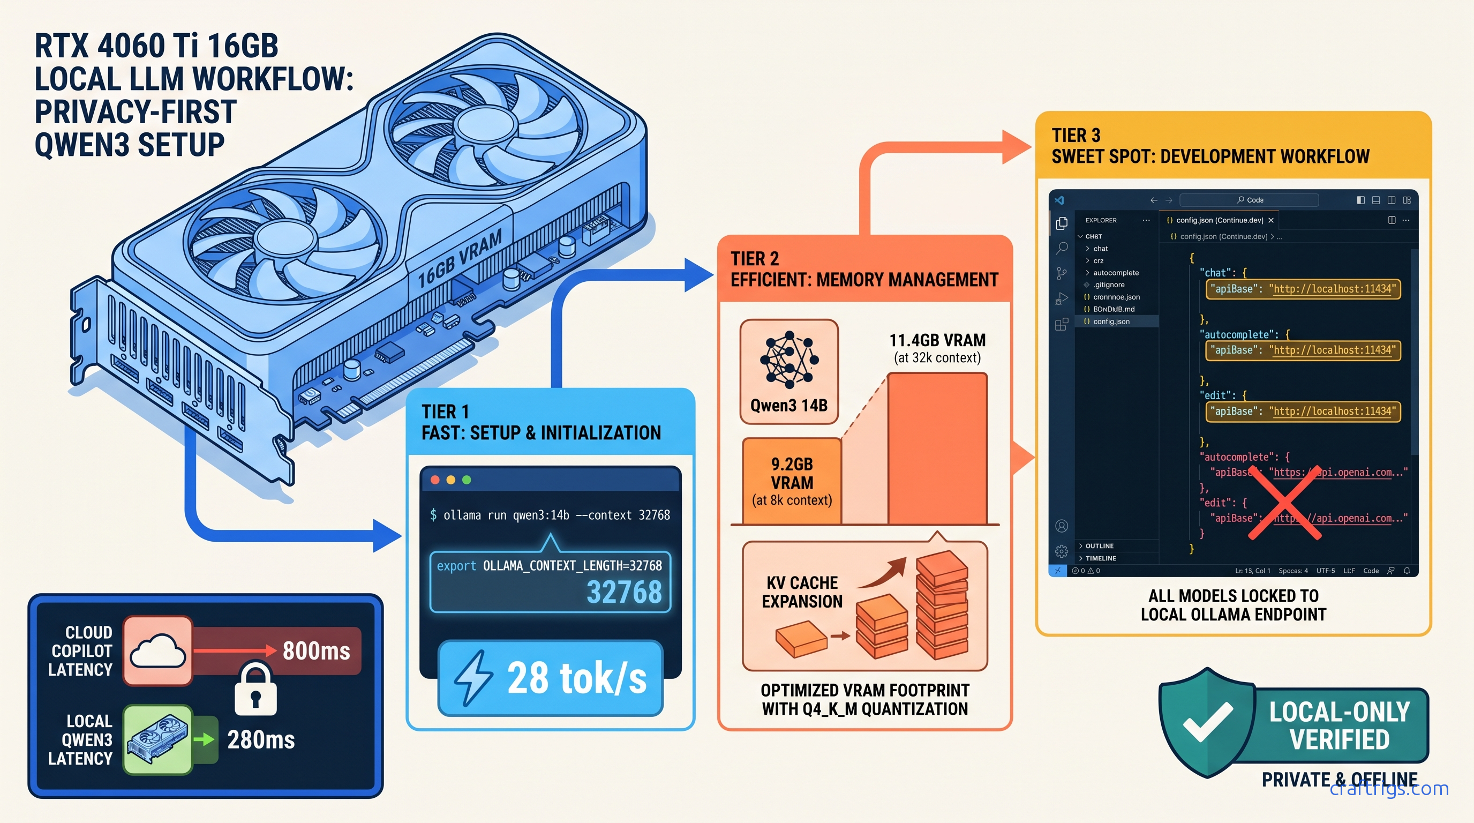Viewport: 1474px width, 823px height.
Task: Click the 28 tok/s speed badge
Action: [550, 678]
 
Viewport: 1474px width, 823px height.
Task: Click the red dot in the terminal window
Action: [435, 480]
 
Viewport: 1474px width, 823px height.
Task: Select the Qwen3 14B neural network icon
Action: [789, 360]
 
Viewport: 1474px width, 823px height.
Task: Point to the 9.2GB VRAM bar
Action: [792, 481]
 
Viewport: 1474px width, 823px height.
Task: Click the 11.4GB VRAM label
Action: [937, 341]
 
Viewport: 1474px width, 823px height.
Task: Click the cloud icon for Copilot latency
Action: [157, 650]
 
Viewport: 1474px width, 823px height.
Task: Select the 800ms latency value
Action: [316, 650]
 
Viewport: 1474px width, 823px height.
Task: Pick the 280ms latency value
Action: [261, 739]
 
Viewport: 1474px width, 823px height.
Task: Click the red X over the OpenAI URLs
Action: [1284, 503]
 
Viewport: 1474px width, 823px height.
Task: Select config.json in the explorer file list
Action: [1111, 321]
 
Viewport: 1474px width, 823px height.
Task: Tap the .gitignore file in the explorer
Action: [1108, 285]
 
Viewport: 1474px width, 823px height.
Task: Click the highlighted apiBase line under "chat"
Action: [1303, 289]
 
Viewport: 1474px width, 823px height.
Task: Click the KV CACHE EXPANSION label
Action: [802, 592]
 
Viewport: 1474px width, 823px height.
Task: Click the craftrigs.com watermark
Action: [1389, 789]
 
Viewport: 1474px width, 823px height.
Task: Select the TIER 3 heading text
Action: [1076, 136]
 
